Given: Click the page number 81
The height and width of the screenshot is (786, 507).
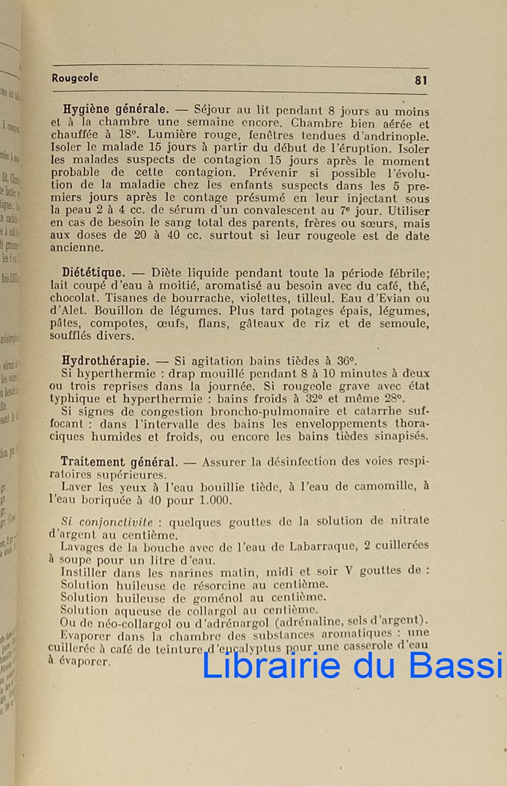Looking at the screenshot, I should pyautogui.click(x=421, y=80).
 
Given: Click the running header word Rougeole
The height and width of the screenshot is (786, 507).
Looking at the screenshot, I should pyautogui.click(x=75, y=78).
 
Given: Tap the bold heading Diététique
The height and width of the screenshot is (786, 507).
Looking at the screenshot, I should pyautogui.click(x=94, y=271).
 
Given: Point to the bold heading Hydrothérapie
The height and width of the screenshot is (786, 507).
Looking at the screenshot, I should pyautogui.click(x=103, y=360).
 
